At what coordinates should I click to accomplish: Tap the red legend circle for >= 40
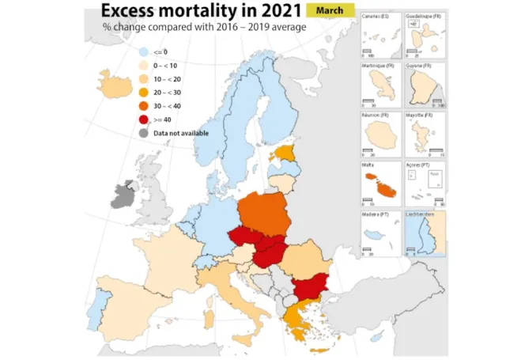tap(143, 119)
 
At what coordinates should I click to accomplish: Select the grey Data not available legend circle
tap(143, 133)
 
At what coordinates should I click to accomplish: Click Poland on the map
tap(268, 212)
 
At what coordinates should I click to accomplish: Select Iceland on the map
tap(115, 82)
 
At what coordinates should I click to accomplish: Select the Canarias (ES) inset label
tap(375, 17)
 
